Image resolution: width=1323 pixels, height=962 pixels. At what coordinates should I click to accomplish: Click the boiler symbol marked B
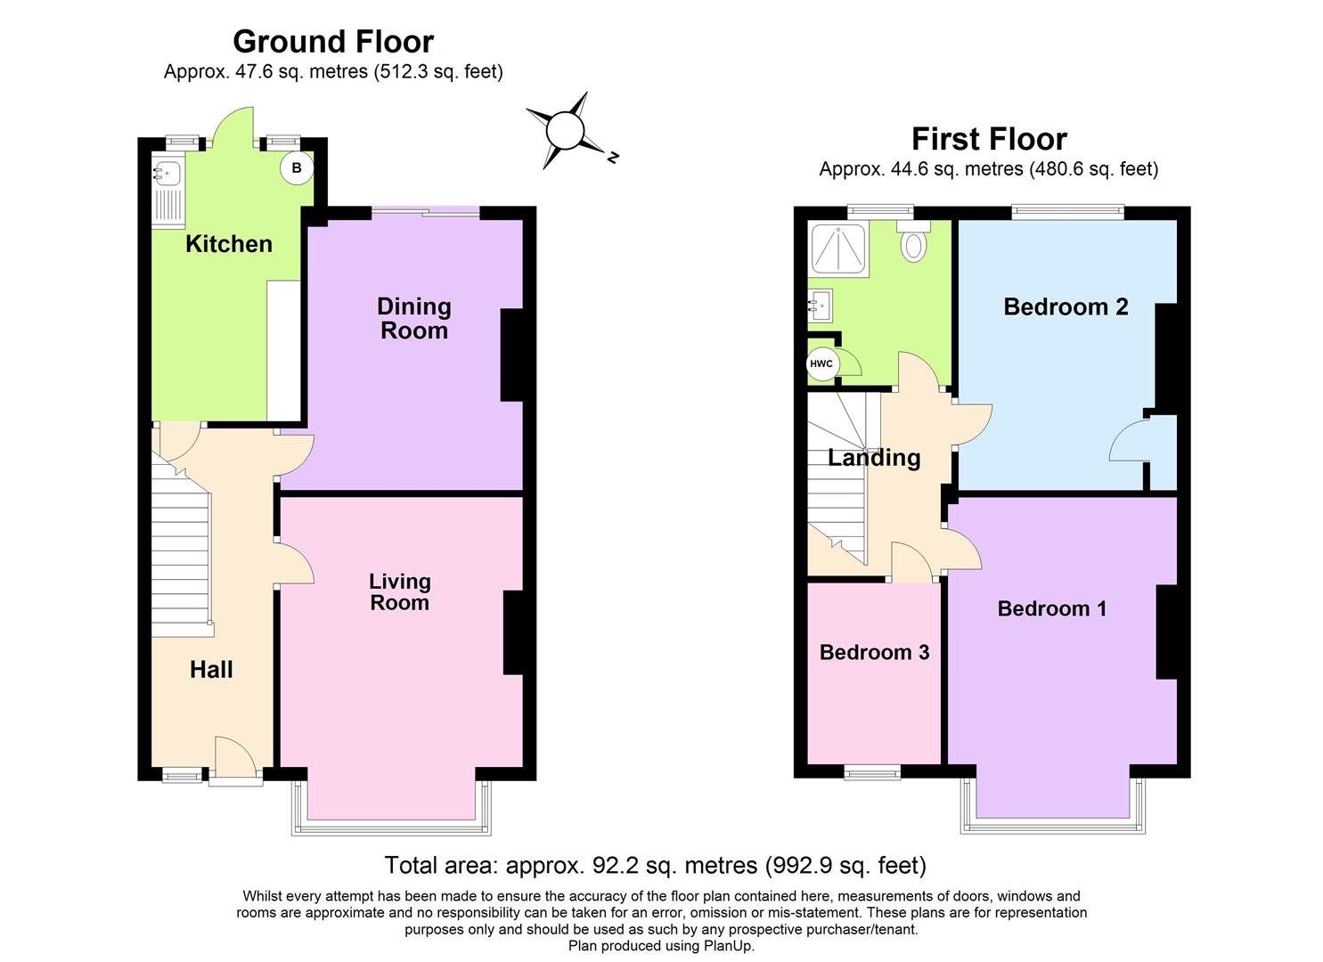coord(297,168)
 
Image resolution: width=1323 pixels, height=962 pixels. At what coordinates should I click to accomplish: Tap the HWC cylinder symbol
coord(821,364)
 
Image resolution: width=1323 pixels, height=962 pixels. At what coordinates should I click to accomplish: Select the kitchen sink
coord(167,173)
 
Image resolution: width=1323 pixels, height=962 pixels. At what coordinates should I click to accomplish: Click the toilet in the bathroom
coord(913,241)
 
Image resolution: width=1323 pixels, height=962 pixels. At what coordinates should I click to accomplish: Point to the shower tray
coord(837,249)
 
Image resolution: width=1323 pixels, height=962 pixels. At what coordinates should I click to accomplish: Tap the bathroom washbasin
coord(821,306)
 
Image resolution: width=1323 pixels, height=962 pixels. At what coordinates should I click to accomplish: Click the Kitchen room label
coord(228,244)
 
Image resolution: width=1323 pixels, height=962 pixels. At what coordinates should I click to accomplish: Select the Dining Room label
coord(413,319)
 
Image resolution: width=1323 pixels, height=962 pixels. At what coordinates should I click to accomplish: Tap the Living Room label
coord(399,592)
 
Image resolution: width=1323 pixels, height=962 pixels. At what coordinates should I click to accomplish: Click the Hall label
coord(211,670)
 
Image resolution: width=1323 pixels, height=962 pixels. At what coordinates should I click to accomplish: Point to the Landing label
coord(874,458)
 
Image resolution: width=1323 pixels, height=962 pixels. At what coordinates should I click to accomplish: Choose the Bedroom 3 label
coord(874,652)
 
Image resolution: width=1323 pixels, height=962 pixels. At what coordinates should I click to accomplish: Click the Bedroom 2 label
coord(1066,307)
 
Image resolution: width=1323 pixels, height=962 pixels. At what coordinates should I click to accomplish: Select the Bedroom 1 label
coord(1051,609)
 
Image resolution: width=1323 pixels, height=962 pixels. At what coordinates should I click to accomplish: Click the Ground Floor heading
coord(333,42)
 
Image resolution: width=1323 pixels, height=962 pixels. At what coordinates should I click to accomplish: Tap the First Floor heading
coord(989,139)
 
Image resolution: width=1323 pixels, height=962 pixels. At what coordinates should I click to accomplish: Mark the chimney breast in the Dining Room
coord(512,355)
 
